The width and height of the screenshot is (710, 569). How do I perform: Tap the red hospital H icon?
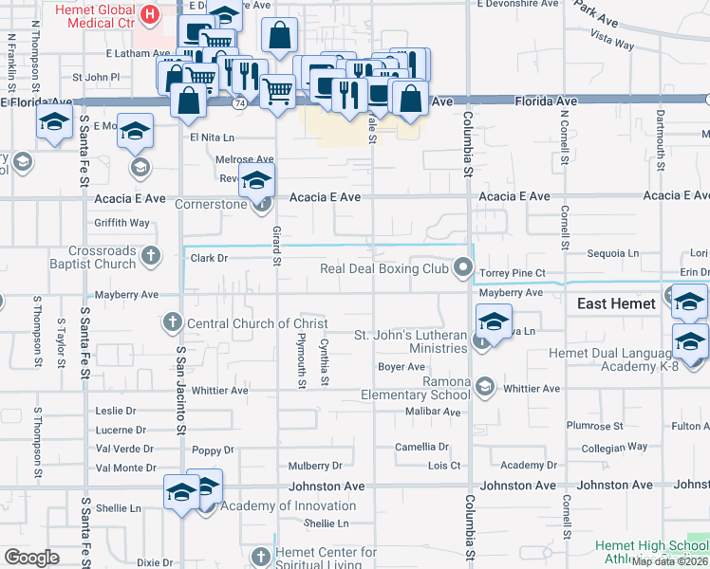pos(149,14)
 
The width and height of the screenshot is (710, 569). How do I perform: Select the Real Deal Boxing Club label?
pos(383,269)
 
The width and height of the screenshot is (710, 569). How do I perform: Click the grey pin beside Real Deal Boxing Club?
pos(464,268)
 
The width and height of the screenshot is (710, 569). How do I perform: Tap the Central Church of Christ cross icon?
pos(173,322)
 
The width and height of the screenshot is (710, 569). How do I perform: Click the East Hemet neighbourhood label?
pos(617,303)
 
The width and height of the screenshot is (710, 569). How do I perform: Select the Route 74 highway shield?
pos(237,101)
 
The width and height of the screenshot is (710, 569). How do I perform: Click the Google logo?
pos(31,557)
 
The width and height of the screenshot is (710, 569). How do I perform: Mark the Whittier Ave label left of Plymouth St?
pos(219,390)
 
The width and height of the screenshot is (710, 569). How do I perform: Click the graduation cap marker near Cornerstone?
pos(256,180)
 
